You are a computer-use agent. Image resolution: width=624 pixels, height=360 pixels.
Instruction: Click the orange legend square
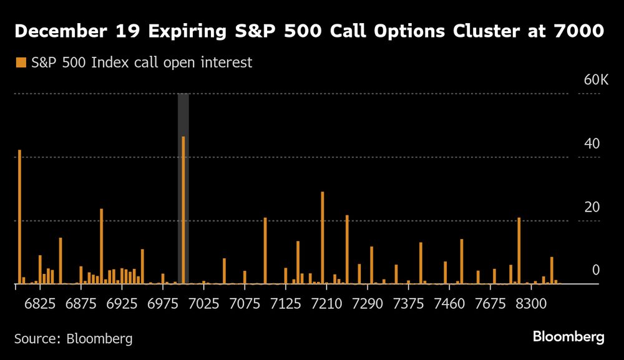pyautogui.click(x=21, y=62)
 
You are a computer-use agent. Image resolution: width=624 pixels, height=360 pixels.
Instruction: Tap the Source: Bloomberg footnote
pyautogui.click(x=73, y=339)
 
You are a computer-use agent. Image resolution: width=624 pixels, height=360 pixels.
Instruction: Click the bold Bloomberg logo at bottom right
pyautogui.click(x=568, y=337)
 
